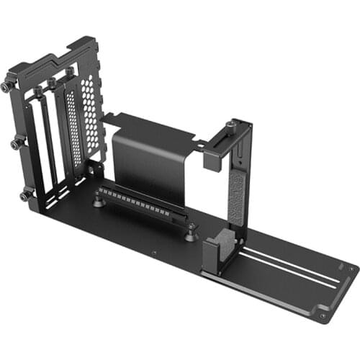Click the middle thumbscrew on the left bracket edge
(15, 145)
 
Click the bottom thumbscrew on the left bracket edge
(25, 195)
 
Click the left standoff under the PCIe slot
(98, 202)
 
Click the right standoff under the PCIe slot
(189, 234)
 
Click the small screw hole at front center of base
(154, 253)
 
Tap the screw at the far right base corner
(323, 315)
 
